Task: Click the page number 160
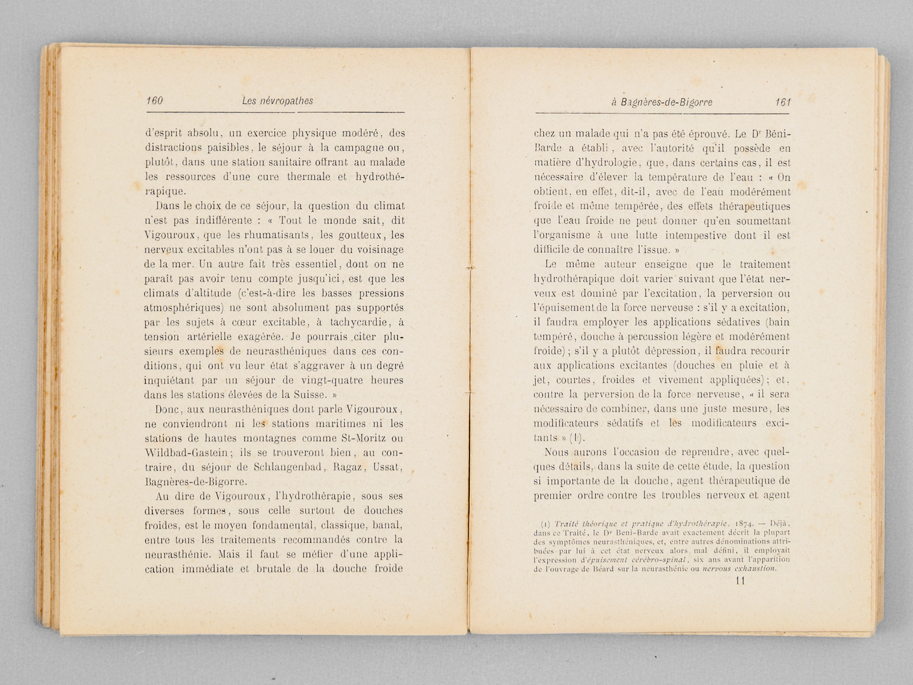155,101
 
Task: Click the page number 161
782,103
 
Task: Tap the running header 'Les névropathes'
277,101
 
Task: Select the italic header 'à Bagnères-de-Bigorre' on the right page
661,103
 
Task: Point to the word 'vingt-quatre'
326,380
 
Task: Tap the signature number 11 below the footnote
740,581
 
